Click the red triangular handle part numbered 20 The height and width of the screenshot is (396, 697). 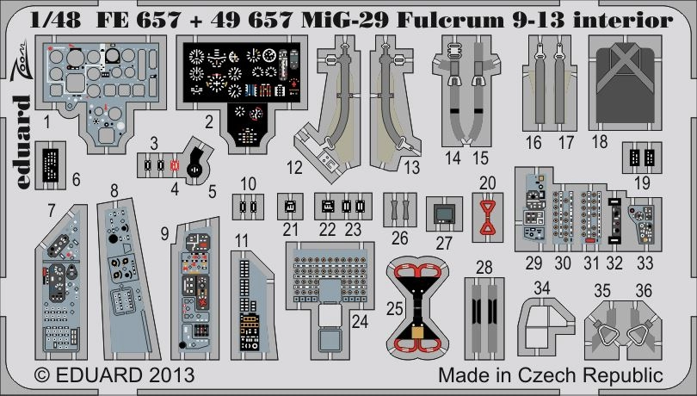point(488,215)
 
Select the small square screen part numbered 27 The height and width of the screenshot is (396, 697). point(444,213)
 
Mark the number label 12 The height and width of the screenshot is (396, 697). point(294,165)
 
